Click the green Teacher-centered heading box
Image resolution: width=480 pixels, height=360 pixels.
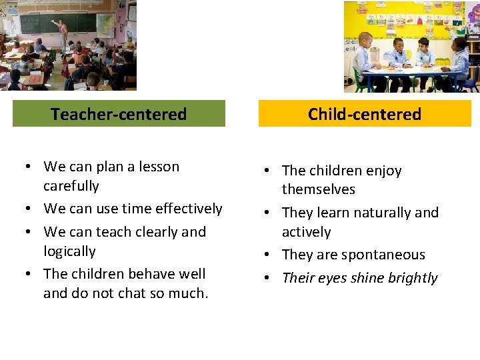pyautogui.click(x=119, y=114)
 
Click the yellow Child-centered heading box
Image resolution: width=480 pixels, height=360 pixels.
pyautogui.click(x=365, y=114)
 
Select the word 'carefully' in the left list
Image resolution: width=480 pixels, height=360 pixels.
pyautogui.click(x=71, y=186)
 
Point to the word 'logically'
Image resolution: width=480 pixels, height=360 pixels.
pyautogui.click(x=69, y=251)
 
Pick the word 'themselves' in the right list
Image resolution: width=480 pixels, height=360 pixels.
pyautogui.click(x=319, y=189)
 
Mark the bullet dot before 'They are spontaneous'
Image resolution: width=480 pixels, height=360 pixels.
pyautogui.click(x=267, y=255)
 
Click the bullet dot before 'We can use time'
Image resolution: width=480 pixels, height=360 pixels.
pyautogui.click(x=28, y=209)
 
